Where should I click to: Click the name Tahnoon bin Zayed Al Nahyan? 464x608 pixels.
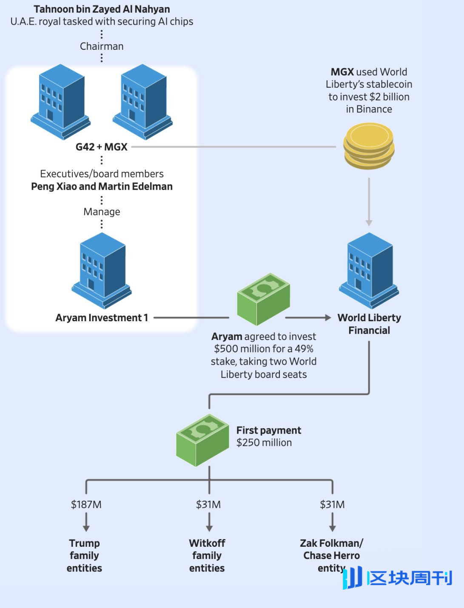pyautogui.click(x=102, y=9)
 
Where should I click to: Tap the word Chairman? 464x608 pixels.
pyautogui.click(x=102, y=46)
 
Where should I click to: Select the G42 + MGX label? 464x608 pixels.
pyautogui.click(x=101, y=147)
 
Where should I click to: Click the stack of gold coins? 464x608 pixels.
pyautogui.click(x=369, y=146)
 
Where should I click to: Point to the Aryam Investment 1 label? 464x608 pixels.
pyautogui.click(x=102, y=318)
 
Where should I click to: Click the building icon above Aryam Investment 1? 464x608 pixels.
pyautogui.click(x=102, y=270)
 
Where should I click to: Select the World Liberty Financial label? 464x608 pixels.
pyautogui.click(x=369, y=324)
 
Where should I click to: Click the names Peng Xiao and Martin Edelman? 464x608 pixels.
pyautogui.click(x=102, y=186)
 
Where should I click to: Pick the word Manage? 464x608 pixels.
pyautogui.click(x=102, y=211)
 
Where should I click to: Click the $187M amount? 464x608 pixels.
pyautogui.click(x=86, y=505)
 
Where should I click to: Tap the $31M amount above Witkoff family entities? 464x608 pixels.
pyautogui.click(x=208, y=505)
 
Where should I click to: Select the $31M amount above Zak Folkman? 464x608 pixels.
pyautogui.click(x=332, y=505)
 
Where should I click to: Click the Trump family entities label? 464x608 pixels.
pyautogui.click(x=85, y=556)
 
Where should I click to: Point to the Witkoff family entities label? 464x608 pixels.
pyautogui.click(x=207, y=556)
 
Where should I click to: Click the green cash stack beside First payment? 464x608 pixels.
pyautogui.click(x=202, y=440)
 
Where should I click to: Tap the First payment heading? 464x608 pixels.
pyautogui.click(x=269, y=430)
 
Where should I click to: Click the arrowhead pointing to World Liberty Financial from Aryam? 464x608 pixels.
pyautogui.click(x=327, y=317)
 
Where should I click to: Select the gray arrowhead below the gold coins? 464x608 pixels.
pyautogui.click(x=369, y=223)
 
